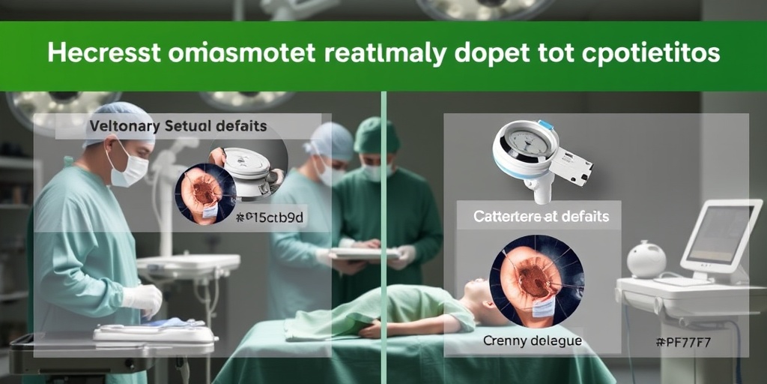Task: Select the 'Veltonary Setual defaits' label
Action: tap(178, 127)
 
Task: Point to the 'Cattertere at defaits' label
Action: tap(541, 217)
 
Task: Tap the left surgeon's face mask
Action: tap(130, 170)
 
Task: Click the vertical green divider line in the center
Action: tap(383, 225)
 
